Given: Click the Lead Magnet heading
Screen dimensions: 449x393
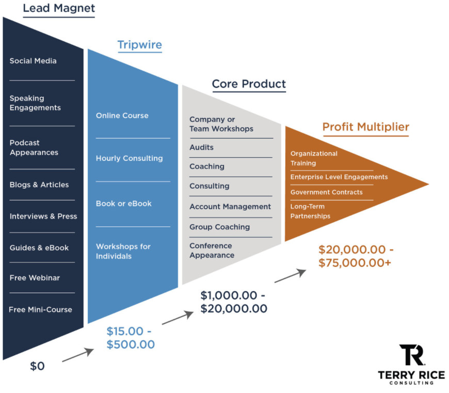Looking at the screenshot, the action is point(59,8).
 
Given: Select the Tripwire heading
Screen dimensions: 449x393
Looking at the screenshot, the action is point(140,45).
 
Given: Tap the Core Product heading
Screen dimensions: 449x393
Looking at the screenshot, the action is point(249,84).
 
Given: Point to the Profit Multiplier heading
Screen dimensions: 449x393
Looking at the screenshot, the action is point(366,127).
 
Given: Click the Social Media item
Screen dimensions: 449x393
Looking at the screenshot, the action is point(33,61).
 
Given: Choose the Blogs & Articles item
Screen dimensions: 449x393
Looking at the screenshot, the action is point(39,185).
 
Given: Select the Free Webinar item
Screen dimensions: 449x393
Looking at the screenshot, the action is point(35,278).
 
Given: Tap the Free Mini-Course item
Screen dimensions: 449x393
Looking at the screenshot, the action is point(40,310).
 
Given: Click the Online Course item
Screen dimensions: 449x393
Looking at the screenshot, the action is point(122,116).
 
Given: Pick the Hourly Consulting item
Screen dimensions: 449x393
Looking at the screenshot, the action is point(130,159).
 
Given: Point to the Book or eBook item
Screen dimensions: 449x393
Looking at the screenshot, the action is point(124,203).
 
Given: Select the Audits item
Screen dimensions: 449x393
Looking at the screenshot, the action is point(202,147).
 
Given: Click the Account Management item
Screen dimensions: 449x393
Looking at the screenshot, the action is point(230,207).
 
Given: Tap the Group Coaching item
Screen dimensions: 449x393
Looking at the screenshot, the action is point(220,227).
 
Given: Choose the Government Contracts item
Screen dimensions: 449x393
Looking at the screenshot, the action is point(327,192).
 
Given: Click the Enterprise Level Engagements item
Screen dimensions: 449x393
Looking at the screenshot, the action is point(339,177).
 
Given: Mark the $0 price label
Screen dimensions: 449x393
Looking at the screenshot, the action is point(37,366).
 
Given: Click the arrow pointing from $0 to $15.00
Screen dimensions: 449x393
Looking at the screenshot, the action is point(78,355).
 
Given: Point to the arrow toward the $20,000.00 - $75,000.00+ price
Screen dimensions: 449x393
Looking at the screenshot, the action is point(291,276).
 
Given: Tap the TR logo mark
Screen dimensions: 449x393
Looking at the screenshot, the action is point(412,355).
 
